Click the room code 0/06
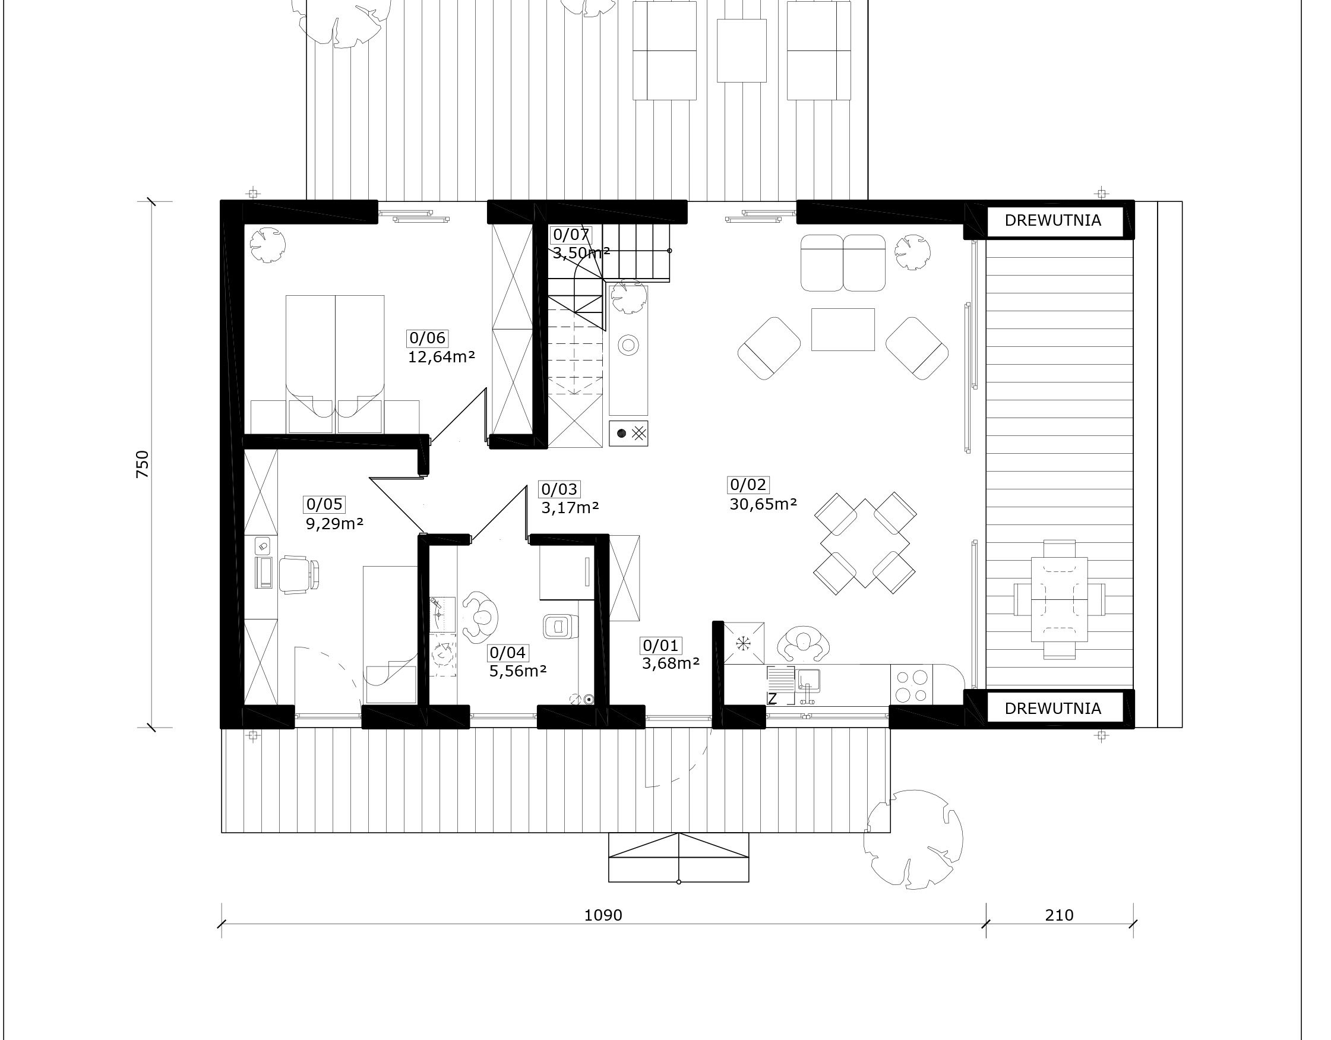[x=428, y=338]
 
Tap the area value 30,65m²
[x=764, y=504]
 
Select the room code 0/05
[x=325, y=504]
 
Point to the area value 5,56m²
[x=518, y=671]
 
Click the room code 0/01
[x=660, y=645]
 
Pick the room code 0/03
[x=559, y=489]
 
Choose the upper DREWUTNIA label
[x=1053, y=220]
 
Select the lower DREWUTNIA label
[x=1053, y=709]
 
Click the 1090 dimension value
[x=603, y=915]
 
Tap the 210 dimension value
[x=1059, y=915]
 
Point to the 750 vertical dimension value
[x=142, y=464]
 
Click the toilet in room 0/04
[x=558, y=627]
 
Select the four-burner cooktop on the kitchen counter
[x=912, y=686]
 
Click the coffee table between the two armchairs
[x=843, y=329]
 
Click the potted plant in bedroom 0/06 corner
[x=267, y=245]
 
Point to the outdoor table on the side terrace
[x=1059, y=599]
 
